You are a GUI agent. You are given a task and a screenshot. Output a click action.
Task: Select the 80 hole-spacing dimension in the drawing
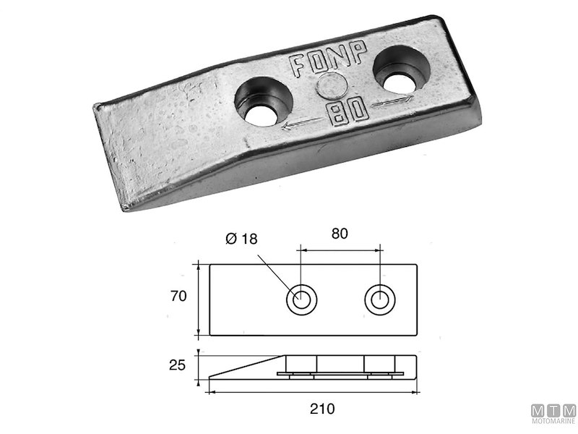click(x=340, y=234)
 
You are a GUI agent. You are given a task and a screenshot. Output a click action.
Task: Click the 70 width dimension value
click(x=180, y=296)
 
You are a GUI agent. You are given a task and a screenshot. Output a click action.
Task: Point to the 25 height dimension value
click(x=180, y=366)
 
